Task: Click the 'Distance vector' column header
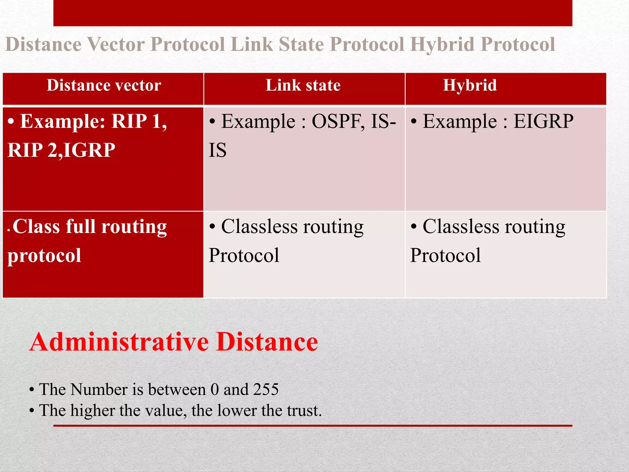click(104, 85)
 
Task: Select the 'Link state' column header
click(303, 85)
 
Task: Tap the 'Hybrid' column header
click(470, 85)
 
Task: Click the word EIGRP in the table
click(543, 121)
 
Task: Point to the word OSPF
click(338, 121)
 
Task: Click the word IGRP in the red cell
click(89, 150)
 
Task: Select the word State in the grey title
click(301, 44)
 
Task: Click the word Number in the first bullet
click(99, 389)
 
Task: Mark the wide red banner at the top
click(313, 13)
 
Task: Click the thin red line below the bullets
click(313, 426)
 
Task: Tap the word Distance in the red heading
click(267, 342)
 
